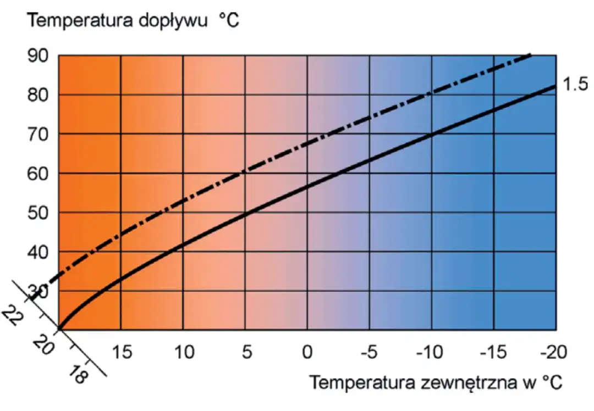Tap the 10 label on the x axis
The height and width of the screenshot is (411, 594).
(184, 352)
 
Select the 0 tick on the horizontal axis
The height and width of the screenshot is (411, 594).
(308, 352)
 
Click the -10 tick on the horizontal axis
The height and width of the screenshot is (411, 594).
(431, 352)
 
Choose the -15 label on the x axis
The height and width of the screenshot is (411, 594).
(493, 352)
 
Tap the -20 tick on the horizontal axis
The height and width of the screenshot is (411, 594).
(554, 352)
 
